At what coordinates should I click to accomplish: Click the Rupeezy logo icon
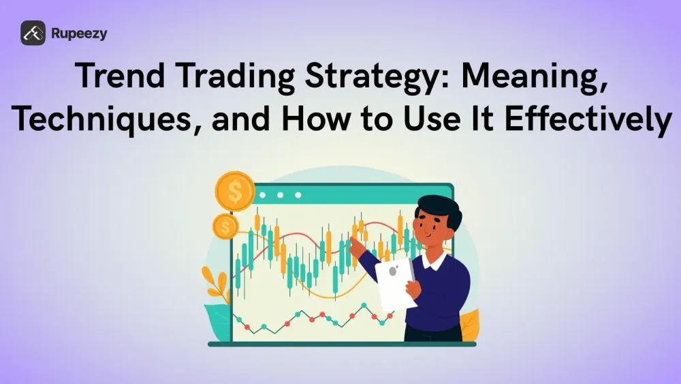pyautogui.click(x=33, y=33)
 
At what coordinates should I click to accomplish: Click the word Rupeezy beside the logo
pyautogui.click(x=78, y=33)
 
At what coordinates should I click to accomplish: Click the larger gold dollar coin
pyautogui.click(x=234, y=192)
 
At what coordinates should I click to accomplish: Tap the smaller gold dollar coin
pyautogui.click(x=225, y=226)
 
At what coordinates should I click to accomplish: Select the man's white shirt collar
pyautogui.click(x=434, y=260)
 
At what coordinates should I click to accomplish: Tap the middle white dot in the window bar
pyautogui.click(x=280, y=194)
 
